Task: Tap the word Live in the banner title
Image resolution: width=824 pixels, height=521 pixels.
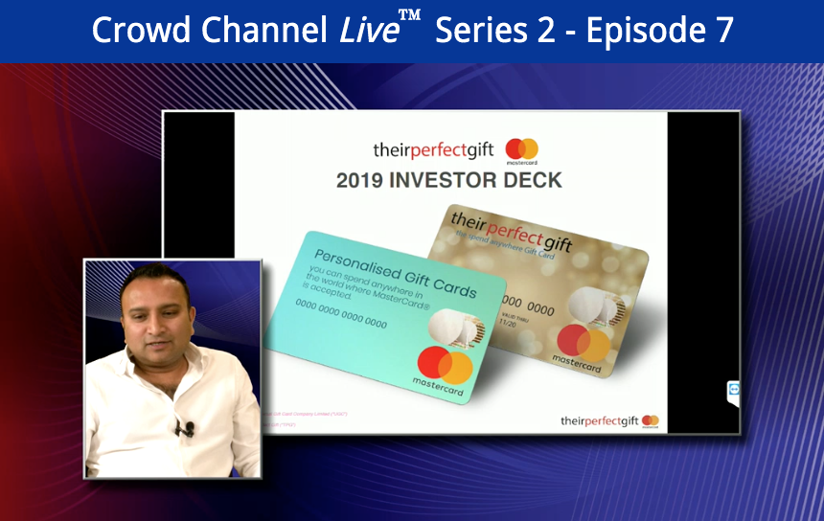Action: click(x=368, y=31)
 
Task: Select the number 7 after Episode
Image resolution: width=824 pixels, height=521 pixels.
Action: click(x=722, y=31)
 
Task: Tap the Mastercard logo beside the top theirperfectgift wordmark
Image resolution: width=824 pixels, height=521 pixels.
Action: click(x=522, y=149)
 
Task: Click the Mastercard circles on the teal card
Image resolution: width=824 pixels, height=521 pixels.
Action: click(x=445, y=364)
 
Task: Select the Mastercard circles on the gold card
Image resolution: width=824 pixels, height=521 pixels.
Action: click(x=585, y=343)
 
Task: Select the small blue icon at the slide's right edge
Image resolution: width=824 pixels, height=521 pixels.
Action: click(x=733, y=389)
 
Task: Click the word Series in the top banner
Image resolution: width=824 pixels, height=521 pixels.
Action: click(x=475, y=31)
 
